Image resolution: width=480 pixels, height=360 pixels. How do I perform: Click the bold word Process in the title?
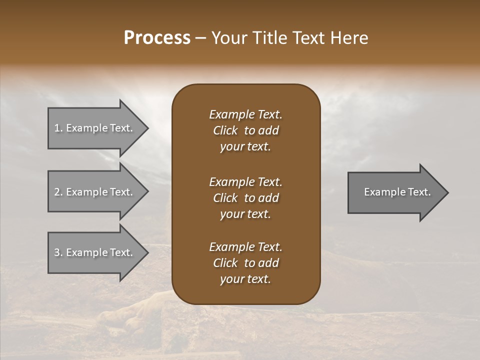tap(157, 38)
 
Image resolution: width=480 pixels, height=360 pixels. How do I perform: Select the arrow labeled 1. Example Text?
tap(93, 128)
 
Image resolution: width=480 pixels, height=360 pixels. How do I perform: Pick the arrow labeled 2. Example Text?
tap(93, 192)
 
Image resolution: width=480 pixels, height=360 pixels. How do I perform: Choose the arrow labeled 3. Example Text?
tap(93, 252)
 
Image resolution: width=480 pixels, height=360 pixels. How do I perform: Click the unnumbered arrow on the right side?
tap(397, 192)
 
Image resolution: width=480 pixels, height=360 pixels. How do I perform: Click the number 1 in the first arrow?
tap(57, 128)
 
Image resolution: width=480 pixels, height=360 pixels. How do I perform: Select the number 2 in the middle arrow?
tap(57, 192)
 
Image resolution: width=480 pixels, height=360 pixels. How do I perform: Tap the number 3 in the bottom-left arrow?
tap(57, 252)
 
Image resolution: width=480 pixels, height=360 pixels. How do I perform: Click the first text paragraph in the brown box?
tap(245, 130)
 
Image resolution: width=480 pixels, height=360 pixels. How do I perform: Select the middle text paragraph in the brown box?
tap(245, 198)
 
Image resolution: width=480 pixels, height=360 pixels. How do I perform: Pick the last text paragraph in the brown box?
tap(245, 263)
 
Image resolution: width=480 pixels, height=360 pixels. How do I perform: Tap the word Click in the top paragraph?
tap(225, 130)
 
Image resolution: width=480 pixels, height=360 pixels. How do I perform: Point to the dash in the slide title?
tap(201, 38)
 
